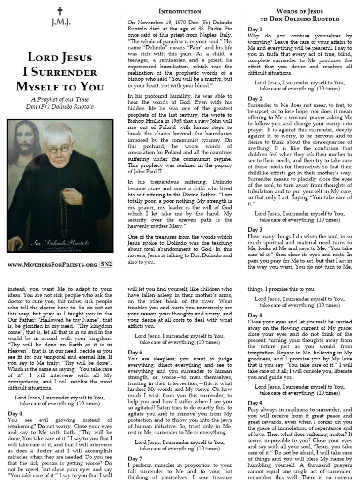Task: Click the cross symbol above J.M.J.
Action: [59, 11]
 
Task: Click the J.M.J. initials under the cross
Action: [59, 22]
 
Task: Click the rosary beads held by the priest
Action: [64, 206]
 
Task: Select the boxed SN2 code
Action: [106, 265]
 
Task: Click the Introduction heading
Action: [180, 11]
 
